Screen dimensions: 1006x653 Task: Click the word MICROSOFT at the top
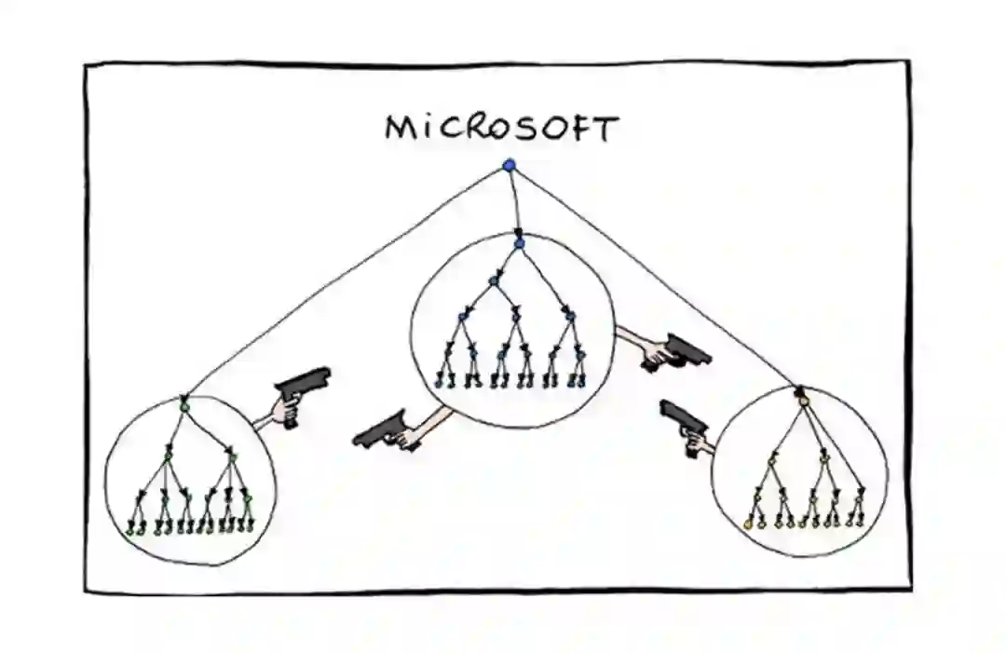click(502, 128)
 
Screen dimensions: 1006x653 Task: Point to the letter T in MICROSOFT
click(607, 129)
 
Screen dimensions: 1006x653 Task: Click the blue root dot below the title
click(509, 166)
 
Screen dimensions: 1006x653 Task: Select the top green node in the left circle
click(184, 407)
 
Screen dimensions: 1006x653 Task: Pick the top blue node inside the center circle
click(519, 243)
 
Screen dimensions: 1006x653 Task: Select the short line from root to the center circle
click(513, 200)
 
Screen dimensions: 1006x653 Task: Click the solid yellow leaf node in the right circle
click(748, 524)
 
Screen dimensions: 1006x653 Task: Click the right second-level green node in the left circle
click(231, 456)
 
